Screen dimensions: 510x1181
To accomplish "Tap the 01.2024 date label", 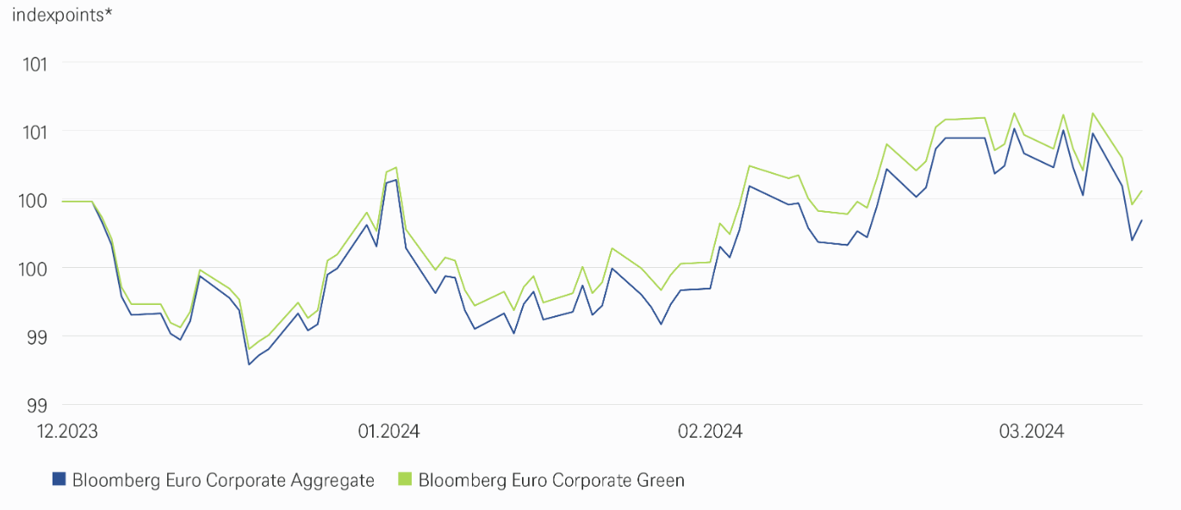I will [x=388, y=431].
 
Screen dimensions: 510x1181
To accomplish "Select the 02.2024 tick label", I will [x=710, y=431].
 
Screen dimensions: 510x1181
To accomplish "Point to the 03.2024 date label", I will [x=1031, y=431].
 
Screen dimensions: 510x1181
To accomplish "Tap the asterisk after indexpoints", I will [x=109, y=14].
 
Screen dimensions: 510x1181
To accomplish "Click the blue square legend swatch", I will [x=59, y=480].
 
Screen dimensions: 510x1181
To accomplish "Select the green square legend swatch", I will [x=405, y=480].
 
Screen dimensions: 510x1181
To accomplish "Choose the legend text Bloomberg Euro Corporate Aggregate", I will [x=223, y=481].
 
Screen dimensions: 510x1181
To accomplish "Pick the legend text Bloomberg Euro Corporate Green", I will [x=551, y=481].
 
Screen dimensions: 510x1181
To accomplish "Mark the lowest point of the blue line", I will [x=250, y=364].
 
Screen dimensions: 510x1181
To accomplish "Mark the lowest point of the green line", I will [x=250, y=349].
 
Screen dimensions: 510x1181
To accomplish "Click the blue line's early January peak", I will [x=395, y=180].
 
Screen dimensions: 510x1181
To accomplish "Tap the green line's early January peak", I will [x=395, y=167].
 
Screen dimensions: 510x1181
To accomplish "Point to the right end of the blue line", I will [x=1142, y=220].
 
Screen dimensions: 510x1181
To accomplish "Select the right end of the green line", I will [x=1142, y=190].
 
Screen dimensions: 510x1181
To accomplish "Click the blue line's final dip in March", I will [x=1132, y=239].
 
